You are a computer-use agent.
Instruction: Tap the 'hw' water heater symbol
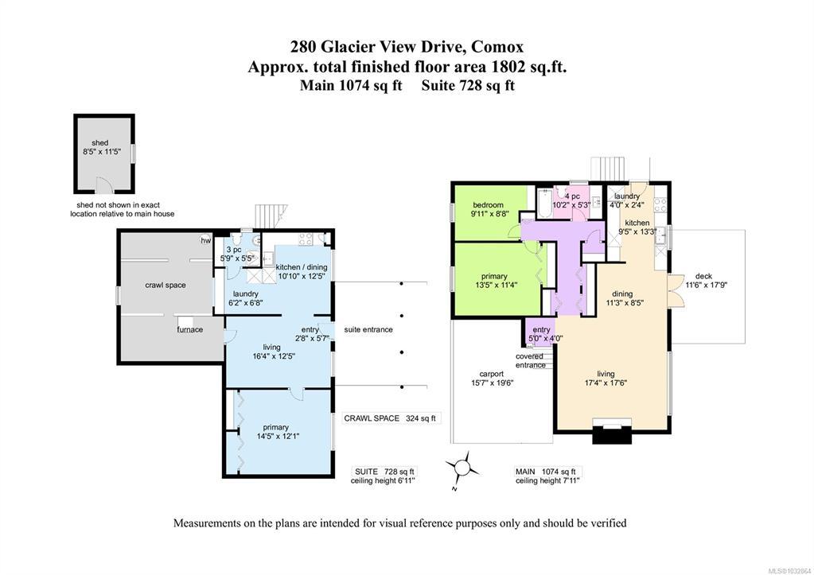tap(206, 241)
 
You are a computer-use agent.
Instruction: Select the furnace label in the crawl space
tap(190, 329)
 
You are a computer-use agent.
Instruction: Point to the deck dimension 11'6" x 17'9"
tap(706, 285)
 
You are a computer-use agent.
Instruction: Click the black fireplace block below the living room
tap(613, 434)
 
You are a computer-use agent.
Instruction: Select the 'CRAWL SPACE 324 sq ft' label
tap(390, 418)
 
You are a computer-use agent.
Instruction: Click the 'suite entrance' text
tap(368, 329)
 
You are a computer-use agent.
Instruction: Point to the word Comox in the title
tap(498, 47)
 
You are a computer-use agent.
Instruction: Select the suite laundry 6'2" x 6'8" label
tap(246, 298)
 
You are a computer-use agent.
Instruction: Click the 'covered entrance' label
tap(530, 361)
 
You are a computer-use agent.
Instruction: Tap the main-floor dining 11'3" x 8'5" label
tap(622, 298)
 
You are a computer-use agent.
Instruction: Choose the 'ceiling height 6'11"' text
tap(383, 480)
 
